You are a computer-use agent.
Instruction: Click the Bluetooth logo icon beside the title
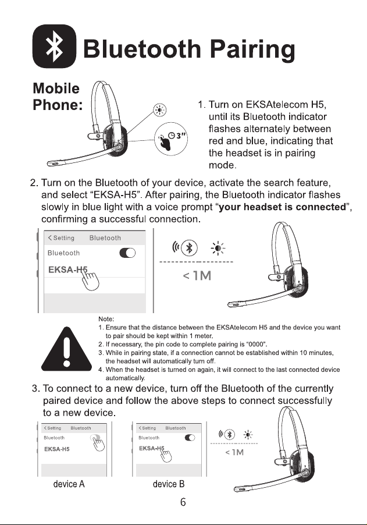tap(54, 46)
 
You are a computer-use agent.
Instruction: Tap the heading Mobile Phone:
tap(58, 97)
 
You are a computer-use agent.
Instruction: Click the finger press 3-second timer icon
tap(171, 139)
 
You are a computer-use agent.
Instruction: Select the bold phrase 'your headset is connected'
tap(282, 207)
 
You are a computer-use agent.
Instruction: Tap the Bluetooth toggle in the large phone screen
tap(127, 253)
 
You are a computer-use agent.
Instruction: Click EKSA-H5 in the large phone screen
tap(67, 269)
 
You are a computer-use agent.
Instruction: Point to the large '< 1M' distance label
tap(197, 276)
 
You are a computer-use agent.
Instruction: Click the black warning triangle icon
tap(66, 349)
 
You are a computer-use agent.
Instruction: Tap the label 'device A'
tap(69, 484)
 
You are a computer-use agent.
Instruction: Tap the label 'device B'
tap(169, 484)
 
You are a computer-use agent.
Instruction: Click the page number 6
tap(183, 502)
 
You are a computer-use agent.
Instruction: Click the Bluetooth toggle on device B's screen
tap(190, 438)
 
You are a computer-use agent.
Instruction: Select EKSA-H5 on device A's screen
tap(57, 449)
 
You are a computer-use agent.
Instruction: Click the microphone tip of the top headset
tap(54, 164)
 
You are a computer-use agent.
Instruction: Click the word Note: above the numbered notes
tap(106, 319)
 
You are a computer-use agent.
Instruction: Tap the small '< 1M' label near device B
tap(234, 452)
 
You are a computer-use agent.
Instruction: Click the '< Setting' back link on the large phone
tap(61, 237)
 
